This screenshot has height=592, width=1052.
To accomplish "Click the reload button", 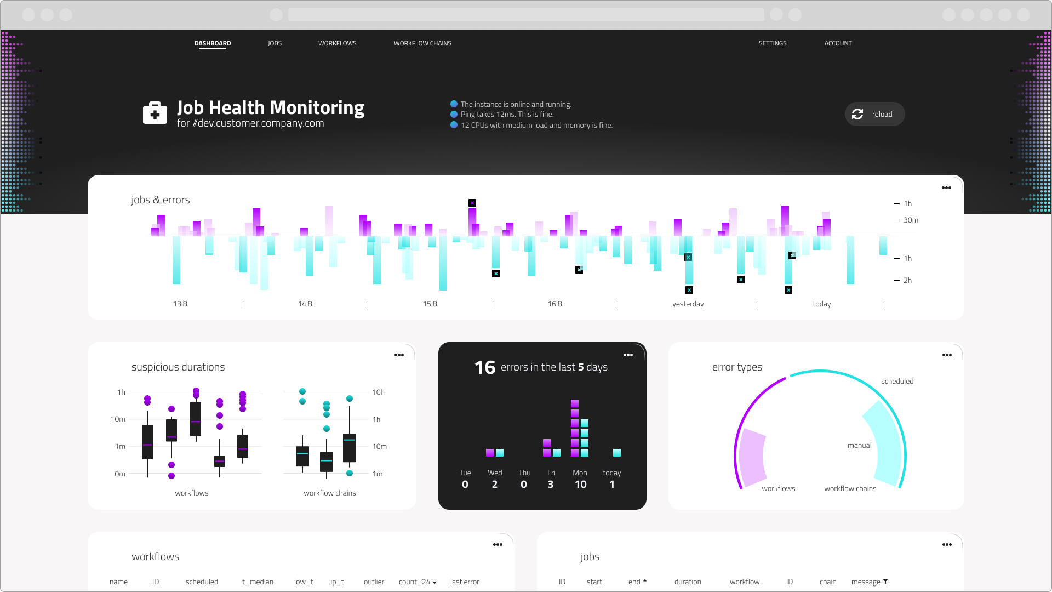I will pos(874,114).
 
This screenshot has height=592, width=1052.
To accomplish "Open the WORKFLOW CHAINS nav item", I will pos(422,43).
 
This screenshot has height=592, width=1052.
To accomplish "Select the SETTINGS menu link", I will pos(772,43).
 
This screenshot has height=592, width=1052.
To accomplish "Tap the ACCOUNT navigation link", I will pos(838,43).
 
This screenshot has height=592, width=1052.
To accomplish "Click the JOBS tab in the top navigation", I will pos(275,43).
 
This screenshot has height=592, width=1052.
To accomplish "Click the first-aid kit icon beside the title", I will pos(155,113).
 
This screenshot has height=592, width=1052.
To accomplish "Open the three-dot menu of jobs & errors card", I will pos(946,188).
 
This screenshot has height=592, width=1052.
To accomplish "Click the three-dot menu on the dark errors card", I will pos(628,355).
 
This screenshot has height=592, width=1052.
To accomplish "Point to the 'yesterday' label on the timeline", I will pos(688,304).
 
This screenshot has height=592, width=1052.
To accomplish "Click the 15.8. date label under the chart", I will pos(431,304).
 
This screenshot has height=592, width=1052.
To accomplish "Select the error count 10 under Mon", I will pos(580,485).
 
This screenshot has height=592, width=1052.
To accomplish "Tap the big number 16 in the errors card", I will pos(485,367).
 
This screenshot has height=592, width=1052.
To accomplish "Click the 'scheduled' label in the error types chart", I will pos(897,382).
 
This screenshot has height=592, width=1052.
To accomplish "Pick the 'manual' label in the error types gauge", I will pos(859,446).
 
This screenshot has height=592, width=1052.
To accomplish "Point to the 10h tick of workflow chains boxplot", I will pos(378,392).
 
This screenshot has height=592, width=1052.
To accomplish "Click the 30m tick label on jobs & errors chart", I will pos(911,220).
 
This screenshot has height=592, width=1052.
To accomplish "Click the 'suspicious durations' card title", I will pos(178,367).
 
